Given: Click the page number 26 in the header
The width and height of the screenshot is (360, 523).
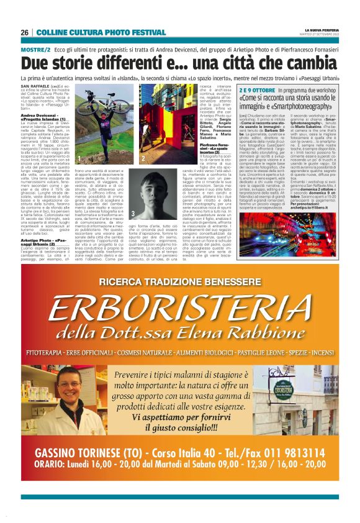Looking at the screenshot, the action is click(x=24, y=32).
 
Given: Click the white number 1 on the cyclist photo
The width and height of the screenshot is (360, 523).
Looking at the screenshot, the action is click(x=79, y=159).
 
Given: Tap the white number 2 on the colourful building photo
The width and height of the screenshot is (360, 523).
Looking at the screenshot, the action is click(x=142, y=159).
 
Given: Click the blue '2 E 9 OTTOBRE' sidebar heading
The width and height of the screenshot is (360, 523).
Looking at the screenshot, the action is click(x=256, y=91).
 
